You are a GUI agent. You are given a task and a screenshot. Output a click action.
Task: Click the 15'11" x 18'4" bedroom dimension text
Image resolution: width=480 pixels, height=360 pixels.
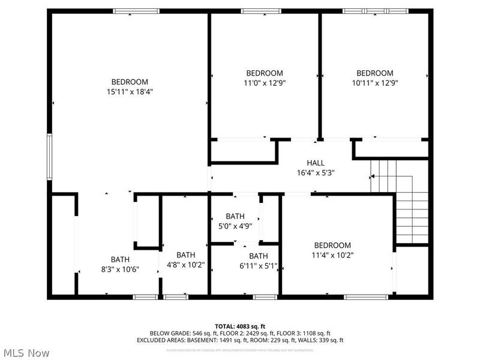click(x=130, y=92)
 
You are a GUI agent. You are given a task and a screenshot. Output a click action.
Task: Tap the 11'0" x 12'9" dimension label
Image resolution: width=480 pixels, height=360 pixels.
click(x=264, y=83)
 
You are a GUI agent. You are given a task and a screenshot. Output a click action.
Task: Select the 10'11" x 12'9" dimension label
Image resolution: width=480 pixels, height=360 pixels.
click(x=374, y=83)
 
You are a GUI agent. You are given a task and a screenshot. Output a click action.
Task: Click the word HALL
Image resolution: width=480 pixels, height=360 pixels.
click(x=316, y=163)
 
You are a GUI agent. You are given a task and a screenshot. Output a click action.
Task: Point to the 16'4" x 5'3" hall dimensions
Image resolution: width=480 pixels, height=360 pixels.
click(x=316, y=173)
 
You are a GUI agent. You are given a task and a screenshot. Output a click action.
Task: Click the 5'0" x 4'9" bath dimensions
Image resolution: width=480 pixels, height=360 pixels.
click(x=235, y=227)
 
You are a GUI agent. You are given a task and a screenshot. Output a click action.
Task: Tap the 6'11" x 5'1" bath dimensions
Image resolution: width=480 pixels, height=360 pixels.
click(x=259, y=266)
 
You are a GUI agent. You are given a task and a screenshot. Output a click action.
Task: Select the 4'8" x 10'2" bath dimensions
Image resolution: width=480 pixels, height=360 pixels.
click(x=185, y=265)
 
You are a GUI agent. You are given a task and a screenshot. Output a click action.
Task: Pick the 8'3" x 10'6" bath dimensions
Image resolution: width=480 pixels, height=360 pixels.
click(x=120, y=269)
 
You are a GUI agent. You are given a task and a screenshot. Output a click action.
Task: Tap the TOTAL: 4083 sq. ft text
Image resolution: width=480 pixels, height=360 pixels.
click(x=240, y=326)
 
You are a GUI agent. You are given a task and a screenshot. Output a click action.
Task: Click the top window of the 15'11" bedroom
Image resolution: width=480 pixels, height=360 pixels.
click(x=136, y=11)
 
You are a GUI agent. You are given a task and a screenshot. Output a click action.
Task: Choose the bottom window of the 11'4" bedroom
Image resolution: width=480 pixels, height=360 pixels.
click(x=366, y=296)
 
